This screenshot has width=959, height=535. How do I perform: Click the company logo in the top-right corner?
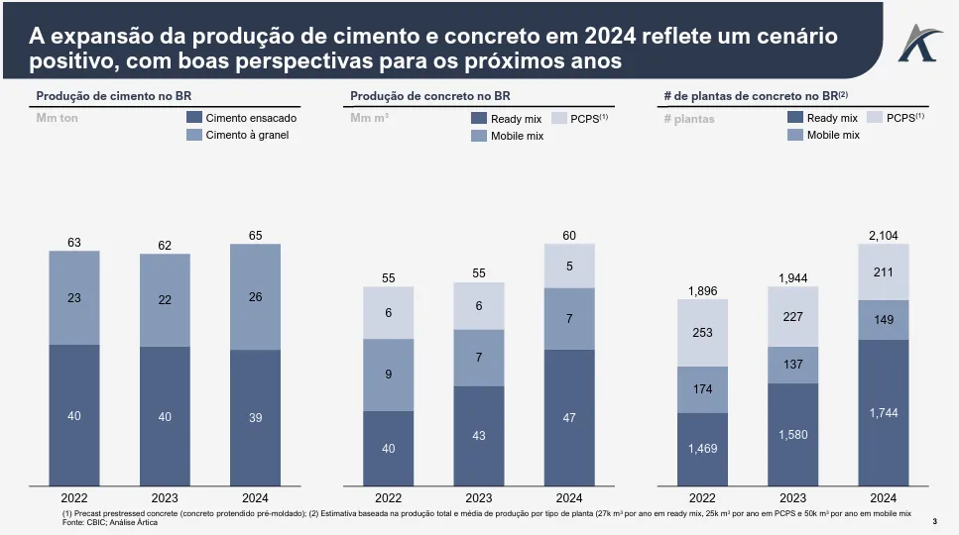pos(916,42)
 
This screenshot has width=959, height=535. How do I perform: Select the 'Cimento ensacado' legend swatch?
pos(194,118)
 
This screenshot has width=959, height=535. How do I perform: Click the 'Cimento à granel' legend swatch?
pos(194,135)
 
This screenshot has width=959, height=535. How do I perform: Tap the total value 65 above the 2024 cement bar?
pos(255,236)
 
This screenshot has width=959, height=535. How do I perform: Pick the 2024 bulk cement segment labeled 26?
pos(255,297)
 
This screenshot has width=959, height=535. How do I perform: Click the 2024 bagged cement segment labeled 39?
pos(255,417)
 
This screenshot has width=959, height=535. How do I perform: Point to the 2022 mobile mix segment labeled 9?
pos(389,374)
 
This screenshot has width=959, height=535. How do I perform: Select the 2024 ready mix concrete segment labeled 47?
pos(569,417)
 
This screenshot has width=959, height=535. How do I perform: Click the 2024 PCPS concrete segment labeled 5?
pos(569,266)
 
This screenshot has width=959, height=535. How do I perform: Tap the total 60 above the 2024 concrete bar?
pos(569,236)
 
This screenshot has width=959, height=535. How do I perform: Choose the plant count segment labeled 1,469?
pos(702,450)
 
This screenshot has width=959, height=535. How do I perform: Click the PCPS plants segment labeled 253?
pos(702,333)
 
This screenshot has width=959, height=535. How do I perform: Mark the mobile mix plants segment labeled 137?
pos(792,365)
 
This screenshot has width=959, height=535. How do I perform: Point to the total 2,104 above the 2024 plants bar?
pos(883,235)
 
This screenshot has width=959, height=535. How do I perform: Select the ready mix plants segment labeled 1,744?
pos(883,412)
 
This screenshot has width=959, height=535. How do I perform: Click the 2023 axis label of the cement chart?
pos(165,498)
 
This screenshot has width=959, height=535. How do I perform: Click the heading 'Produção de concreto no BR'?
pos(430,96)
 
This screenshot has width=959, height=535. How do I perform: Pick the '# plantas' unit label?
pos(688,119)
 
